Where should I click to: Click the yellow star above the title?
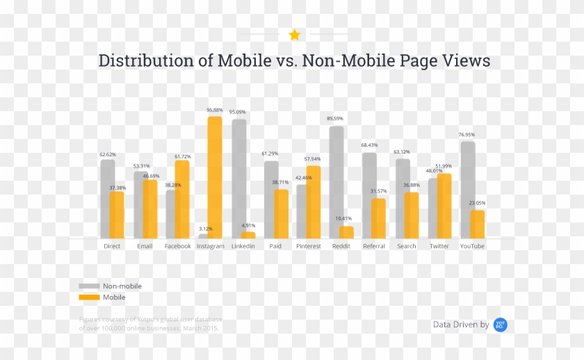click(x=295, y=35)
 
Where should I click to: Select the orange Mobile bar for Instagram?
click(x=215, y=177)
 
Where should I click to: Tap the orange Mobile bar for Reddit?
click(x=346, y=232)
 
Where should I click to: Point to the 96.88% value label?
click(x=215, y=110)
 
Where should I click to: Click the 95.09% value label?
click(x=237, y=112)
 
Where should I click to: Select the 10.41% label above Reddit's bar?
click(x=343, y=219)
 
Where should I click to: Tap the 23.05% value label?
click(x=476, y=203)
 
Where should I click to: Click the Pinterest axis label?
click(x=308, y=246)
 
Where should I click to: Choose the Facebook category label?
click(x=177, y=246)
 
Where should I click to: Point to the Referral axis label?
click(x=373, y=246)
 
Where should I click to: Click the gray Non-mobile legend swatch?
click(x=88, y=286)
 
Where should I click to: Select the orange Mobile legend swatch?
click(x=88, y=297)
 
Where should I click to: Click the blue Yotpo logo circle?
click(x=500, y=325)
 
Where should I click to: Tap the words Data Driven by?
click(x=460, y=325)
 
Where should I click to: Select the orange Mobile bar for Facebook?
click(x=182, y=199)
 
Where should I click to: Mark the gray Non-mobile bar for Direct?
click(x=107, y=199)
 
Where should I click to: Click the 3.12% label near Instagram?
click(x=205, y=229)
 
